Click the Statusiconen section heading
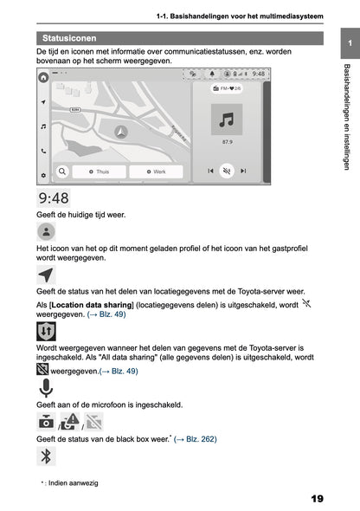click(69, 38)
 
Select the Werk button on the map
click(156, 171)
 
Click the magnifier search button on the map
click(63, 171)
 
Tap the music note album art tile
click(227, 119)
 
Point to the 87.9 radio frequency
click(227, 141)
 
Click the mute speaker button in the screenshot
click(227, 171)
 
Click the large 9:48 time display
click(54, 198)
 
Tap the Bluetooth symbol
click(48, 456)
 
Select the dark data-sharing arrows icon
click(46, 332)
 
